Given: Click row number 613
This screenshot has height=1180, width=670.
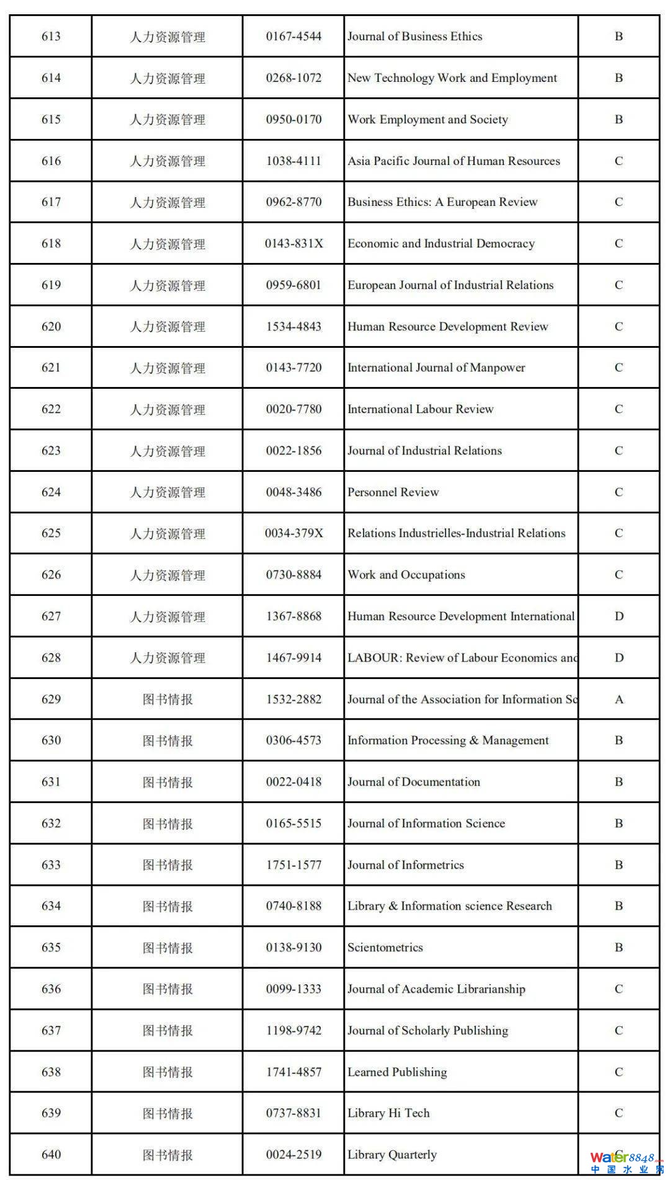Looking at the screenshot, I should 51,37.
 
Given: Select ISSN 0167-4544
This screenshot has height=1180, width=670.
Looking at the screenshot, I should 293,37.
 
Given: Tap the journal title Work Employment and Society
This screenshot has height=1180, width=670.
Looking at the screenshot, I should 427,120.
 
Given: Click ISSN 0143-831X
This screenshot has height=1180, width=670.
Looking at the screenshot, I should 293,244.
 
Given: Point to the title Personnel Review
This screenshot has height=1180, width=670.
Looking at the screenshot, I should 393,492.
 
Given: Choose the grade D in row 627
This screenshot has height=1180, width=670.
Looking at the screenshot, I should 619,616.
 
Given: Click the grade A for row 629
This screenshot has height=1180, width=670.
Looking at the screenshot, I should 619,699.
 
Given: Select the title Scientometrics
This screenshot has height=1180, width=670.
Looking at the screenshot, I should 385,947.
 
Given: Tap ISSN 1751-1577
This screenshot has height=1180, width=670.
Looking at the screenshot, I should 293,865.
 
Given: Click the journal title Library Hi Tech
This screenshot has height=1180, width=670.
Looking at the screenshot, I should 388,1113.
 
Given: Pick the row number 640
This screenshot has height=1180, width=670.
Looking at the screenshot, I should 51,1155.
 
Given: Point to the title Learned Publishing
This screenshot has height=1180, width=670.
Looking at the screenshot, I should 397,1072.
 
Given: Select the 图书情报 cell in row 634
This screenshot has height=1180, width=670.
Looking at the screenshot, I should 167,907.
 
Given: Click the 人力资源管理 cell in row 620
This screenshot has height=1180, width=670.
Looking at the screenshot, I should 167,327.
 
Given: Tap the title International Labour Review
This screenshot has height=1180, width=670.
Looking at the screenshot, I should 420,409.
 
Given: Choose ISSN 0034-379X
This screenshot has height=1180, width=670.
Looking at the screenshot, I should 293,533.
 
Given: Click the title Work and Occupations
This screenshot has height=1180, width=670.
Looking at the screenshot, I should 406,575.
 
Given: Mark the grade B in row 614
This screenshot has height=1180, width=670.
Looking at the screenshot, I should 619,78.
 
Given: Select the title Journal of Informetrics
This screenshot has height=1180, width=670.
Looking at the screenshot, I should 405,865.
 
